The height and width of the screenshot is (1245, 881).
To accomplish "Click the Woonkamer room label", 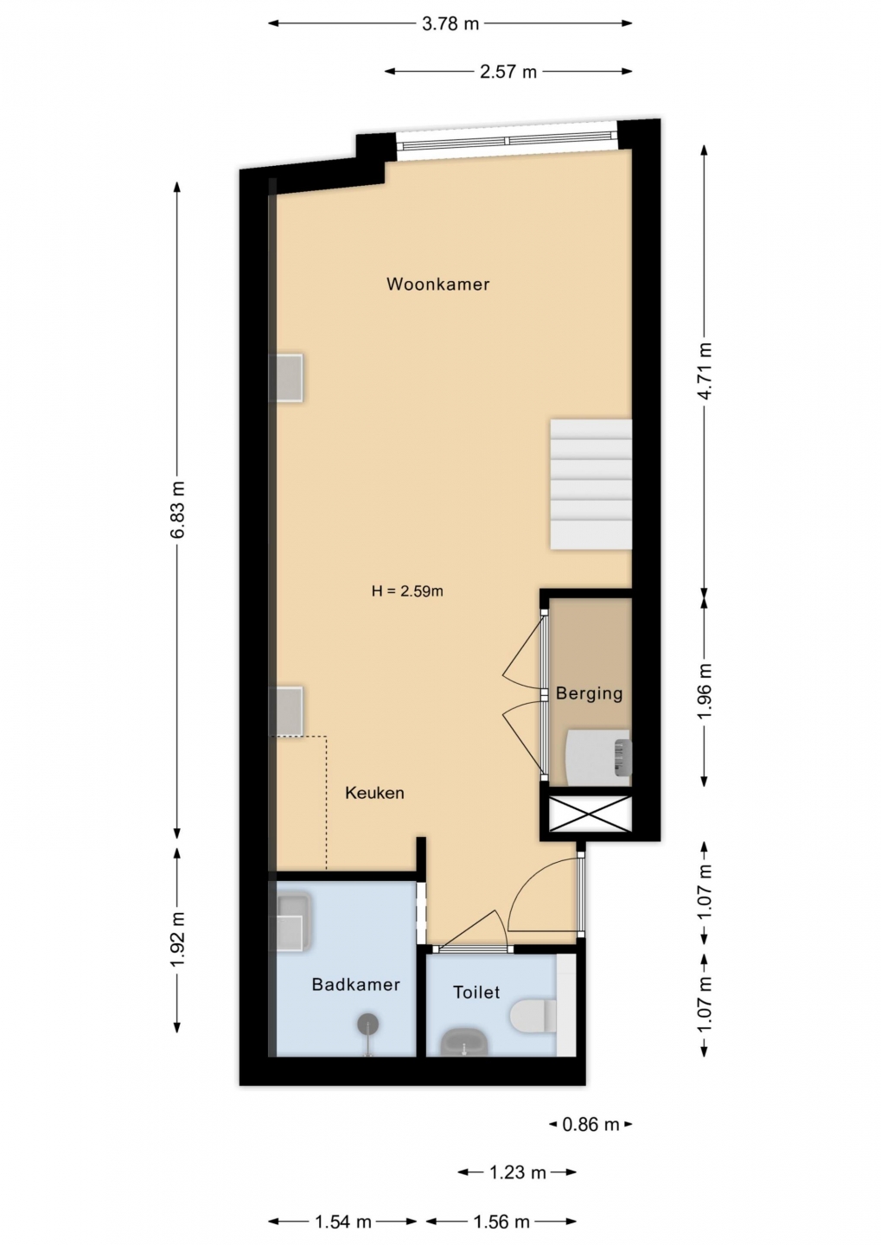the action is coord(438,284).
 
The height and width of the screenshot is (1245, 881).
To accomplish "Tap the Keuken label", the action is coord(374,793).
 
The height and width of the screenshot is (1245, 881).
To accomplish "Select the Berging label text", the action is coord(589,693).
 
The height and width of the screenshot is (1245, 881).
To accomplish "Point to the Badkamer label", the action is coord(355,984).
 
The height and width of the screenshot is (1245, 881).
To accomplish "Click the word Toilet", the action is coord(476,993).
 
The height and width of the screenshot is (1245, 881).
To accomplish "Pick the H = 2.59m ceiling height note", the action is coord(407,591).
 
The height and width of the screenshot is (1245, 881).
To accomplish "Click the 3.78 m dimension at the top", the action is coord(450,24).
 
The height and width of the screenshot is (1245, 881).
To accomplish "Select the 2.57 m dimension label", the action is coord(508,72).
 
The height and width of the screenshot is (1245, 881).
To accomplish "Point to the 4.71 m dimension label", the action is coord(705,371).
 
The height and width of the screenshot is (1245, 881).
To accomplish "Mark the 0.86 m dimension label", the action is coord(591,1124).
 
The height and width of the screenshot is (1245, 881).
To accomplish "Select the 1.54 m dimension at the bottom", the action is coord(343,1222).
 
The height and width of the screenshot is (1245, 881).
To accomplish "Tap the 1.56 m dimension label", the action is coord(501,1222).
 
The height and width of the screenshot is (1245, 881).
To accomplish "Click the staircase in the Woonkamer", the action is coord(591,485).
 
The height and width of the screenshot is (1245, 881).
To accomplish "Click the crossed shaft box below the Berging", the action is coord(591,814).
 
